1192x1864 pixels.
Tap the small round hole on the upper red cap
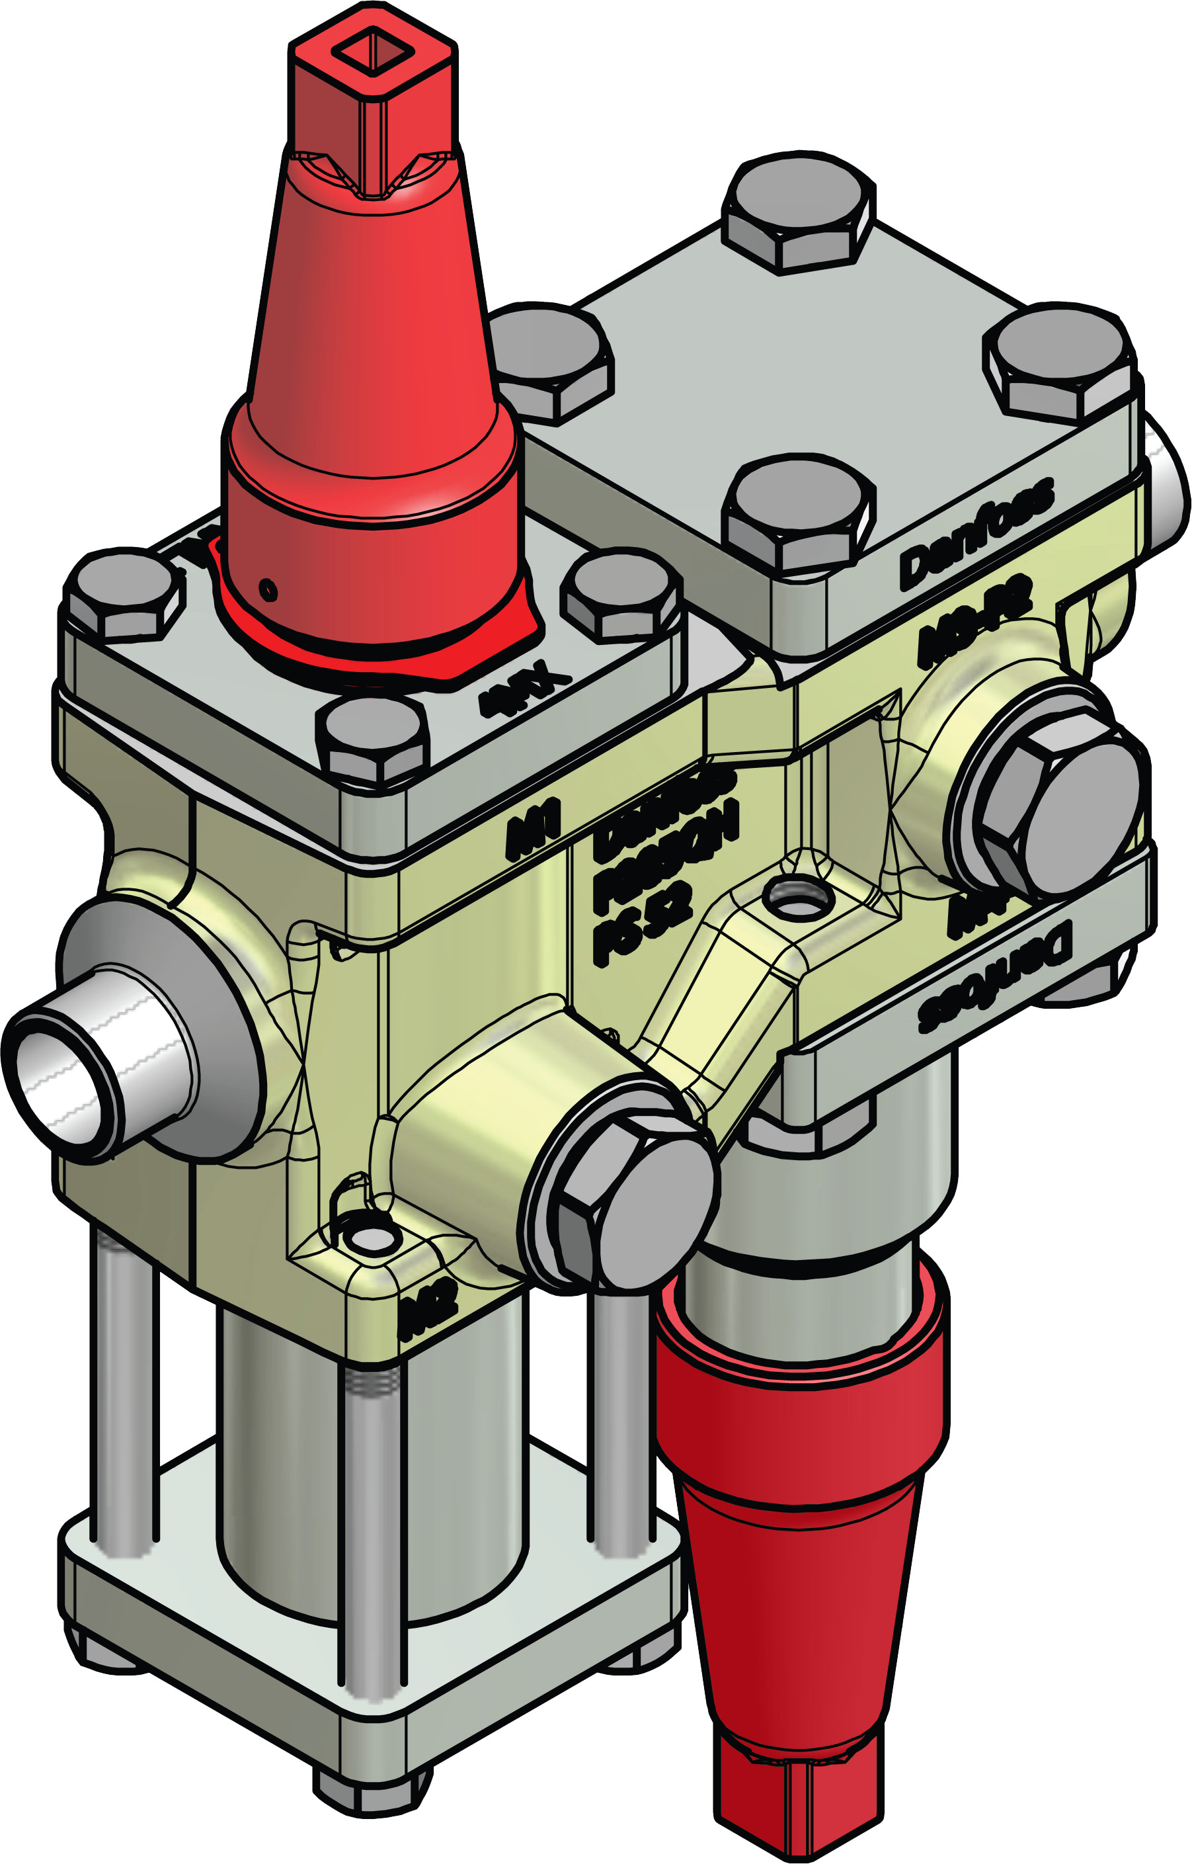click(268, 590)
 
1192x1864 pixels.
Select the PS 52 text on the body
click(643, 921)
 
